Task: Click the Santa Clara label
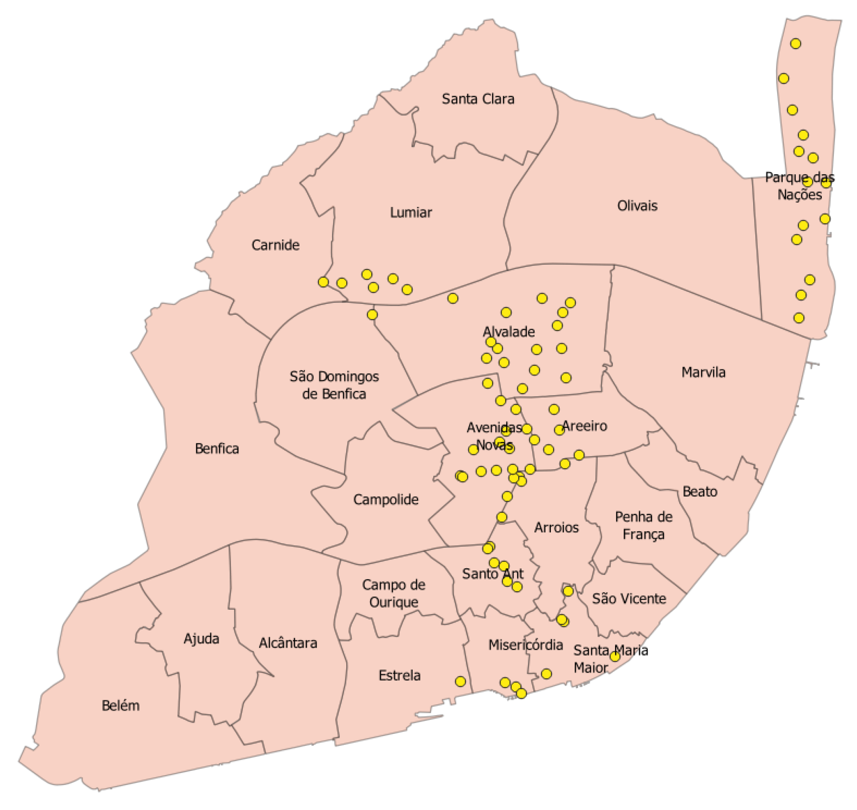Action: pos(478,99)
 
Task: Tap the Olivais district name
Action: pos(637,206)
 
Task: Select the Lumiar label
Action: pos(410,213)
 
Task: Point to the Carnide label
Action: pos(275,245)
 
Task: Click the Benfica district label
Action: pos(217,449)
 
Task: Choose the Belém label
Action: pos(121,706)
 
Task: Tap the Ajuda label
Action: pos(201,638)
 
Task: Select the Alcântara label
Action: pos(288,643)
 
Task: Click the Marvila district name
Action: pos(703,372)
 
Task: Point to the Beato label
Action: pos(700,491)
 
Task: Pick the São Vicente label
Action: pos(629,599)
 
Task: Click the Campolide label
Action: pos(385,500)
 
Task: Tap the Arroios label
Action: pos(556,527)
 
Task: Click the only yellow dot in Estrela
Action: pos(460,681)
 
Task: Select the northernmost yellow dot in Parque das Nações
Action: pos(795,44)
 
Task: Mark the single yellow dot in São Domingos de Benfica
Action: pos(372,315)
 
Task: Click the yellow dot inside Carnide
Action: pos(323,282)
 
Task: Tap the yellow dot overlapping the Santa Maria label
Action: pos(615,656)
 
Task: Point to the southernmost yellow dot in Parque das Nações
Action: pos(799,318)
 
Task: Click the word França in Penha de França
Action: pos(643,534)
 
